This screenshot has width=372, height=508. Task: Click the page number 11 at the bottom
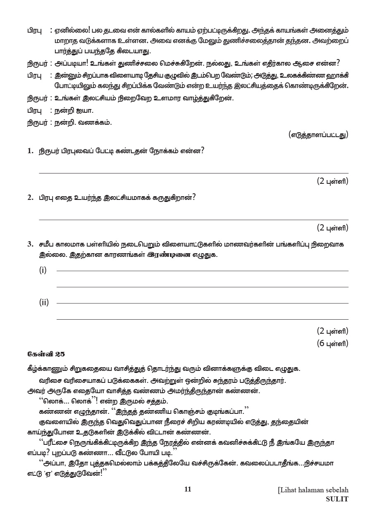(188, 489)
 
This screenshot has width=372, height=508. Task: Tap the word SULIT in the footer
(337, 499)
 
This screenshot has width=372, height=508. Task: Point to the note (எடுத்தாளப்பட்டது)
(318, 134)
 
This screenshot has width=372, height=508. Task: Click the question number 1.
(30, 151)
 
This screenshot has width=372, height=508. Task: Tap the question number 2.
(30, 197)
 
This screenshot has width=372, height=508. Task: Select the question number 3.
(30, 244)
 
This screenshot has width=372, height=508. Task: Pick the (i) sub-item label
(43, 270)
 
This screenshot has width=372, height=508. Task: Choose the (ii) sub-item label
(44, 302)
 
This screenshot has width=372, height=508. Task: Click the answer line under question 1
(193, 173)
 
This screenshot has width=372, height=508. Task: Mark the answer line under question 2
(193, 219)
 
